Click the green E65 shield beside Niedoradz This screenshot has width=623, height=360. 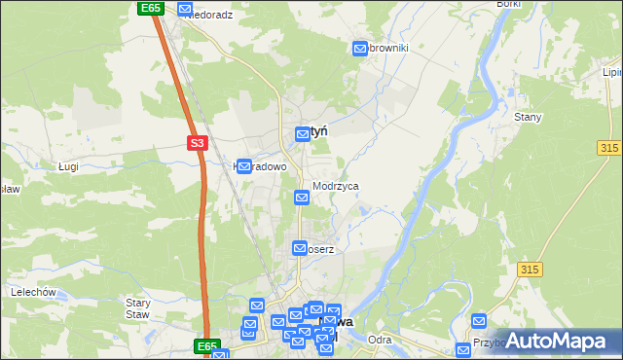click(x=149, y=8)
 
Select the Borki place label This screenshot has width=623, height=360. click(x=509, y=5)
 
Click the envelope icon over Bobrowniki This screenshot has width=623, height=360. click(x=361, y=47)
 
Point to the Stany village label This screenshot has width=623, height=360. click(x=527, y=117)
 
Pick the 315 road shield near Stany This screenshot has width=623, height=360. click(x=609, y=146)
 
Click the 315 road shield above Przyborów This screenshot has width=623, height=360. click(x=530, y=269)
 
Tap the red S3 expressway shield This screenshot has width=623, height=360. click(x=197, y=143)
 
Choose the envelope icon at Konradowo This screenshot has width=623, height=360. click(x=246, y=166)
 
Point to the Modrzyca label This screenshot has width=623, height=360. click(x=336, y=185)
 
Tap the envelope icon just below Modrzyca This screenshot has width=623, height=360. click(x=302, y=198)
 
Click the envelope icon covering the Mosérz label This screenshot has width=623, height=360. click(x=300, y=248)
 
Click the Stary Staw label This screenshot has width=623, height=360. click(x=137, y=307)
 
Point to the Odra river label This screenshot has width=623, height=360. click(x=381, y=340)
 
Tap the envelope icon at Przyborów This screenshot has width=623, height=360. click(x=478, y=321)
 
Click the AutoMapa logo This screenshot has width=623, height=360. click(x=557, y=341)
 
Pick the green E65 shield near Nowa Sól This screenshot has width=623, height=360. click(x=205, y=345)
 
